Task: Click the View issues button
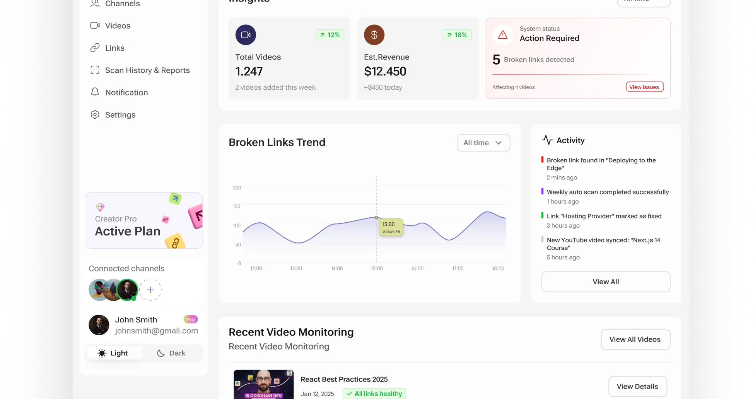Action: (x=644, y=87)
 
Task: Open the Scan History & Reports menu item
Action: (x=147, y=70)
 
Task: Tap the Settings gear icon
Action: (x=95, y=115)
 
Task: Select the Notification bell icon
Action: (x=95, y=92)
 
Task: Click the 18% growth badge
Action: (x=457, y=35)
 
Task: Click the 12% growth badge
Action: (x=330, y=35)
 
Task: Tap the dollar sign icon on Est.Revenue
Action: (x=374, y=35)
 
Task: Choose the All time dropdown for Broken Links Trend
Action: (x=483, y=143)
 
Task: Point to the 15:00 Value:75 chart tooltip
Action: (x=391, y=227)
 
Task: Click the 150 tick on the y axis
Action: (x=237, y=206)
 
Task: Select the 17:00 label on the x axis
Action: (x=458, y=268)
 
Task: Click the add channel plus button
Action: (x=150, y=290)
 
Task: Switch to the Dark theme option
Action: (x=171, y=353)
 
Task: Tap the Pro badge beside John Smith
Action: (x=190, y=319)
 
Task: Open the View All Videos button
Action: (x=635, y=339)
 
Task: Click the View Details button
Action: (x=637, y=387)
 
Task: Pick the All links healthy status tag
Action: (x=374, y=394)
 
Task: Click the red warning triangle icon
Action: (x=503, y=35)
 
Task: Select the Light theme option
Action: (x=113, y=353)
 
